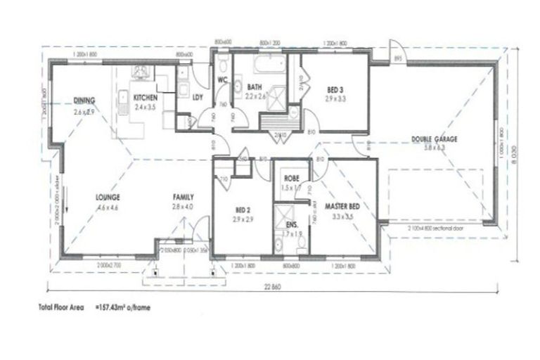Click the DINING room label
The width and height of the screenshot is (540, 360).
pyautogui.click(x=84, y=100)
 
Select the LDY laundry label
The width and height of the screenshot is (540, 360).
pyautogui.click(x=198, y=98)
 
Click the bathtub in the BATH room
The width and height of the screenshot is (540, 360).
pyautogui.click(x=271, y=67)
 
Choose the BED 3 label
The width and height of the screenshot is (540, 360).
pyautogui.click(x=335, y=90)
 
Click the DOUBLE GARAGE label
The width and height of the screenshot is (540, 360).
pyautogui.click(x=434, y=139)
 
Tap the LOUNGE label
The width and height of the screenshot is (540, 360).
pyautogui.click(x=108, y=197)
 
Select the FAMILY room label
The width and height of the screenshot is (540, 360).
pyautogui.click(x=183, y=197)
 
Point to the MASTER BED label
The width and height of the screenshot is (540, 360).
pyautogui.click(x=343, y=206)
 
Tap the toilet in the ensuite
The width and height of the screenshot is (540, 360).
pyautogui.click(x=301, y=243)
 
